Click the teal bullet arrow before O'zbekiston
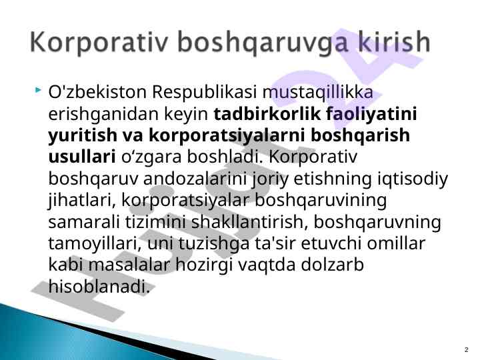click(38, 90)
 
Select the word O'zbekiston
click(97, 92)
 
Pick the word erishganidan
click(103, 115)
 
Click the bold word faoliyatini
click(371, 115)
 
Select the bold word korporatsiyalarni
click(227, 136)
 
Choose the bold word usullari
click(82, 157)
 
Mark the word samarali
click(84, 221)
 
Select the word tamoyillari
click(95, 245)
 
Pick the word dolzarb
click(333, 265)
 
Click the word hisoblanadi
click(99, 286)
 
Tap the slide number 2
click(467, 349)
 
